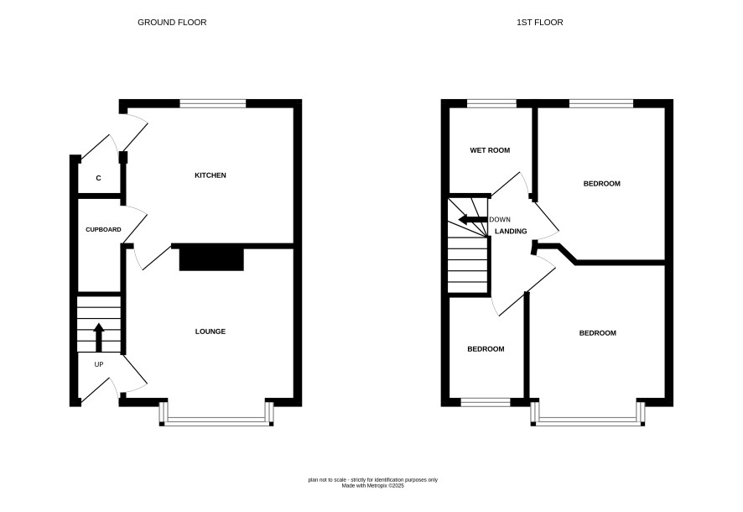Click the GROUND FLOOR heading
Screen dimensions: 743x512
pyautogui.click(x=172, y=23)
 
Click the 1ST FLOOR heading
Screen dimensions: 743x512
pyautogui.click(x=540, y=23)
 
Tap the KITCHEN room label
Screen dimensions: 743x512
pyautogui.click(x=210, y=175)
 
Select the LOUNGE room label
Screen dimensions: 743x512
pyautogui.click(x=210, y=332)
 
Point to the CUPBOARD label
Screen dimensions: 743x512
pyautogui.click(x=103, y=229)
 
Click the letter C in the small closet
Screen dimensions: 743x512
pyautogui.click(x=99, y=178)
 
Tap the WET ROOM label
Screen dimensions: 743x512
pyautogui.click(x=490, y=150)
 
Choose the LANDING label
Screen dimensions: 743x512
pyautogui.click(x=511, y=232)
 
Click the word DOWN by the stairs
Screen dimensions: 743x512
pyautogui.click(x=500, y=220)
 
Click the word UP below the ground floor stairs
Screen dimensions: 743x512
pyautogui.click(x=99, y=364)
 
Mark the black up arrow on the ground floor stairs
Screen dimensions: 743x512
pyautogui.click(x=99, y=337)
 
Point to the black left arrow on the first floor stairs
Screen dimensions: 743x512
pyautogui.click(x=473, y=220)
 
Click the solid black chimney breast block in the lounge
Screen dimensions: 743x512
pyautogui.click(x=211, y=259)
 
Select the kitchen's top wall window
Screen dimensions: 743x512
pyautogui.click(x=213, y=103)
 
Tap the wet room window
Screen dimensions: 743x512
pyautogui.click(x=492, y=103)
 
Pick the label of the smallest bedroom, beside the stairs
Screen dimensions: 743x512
pyautogui.click(x=486, y=349)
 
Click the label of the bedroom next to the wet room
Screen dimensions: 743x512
pyautogui.click(x=602, y=184)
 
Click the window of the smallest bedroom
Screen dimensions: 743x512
pyautogui.click(x=486, y=403)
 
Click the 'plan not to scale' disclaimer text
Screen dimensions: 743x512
pyautogui.click(x=373, y=480)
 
